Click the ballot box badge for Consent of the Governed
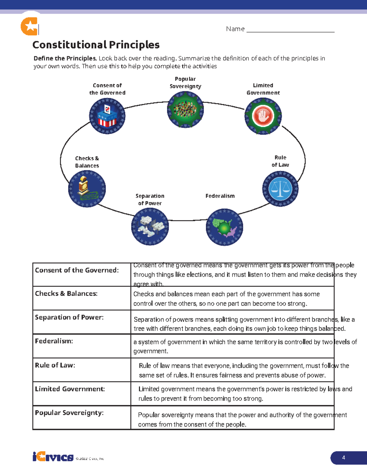(x=107, y=116)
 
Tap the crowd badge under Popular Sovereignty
(x=185, y=109)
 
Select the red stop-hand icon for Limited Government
(x=263, y=116)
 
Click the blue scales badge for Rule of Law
(x=280, y=189)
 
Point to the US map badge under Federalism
(x=224, y=227)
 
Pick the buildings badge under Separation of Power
(x=150, y=227)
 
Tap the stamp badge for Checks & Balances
(x=87, y=189)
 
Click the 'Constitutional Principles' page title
(x=96, y=45)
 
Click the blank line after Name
(x=290, y=30)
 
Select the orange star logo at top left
(x=29, y=26)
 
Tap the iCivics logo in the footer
(x=53, y=457)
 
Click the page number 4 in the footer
(x=344, y=458)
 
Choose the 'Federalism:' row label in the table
(x=54, y=341)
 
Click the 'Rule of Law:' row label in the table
(x=55, y=365)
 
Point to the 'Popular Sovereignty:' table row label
(x=69, y=413)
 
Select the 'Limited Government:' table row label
(x=70, y=389)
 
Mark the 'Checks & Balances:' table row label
(x=66, y=294)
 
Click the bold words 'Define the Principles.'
(x=65, y=58)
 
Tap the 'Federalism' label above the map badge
(x=220, y=196)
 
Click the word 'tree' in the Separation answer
(x=139, y=329)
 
